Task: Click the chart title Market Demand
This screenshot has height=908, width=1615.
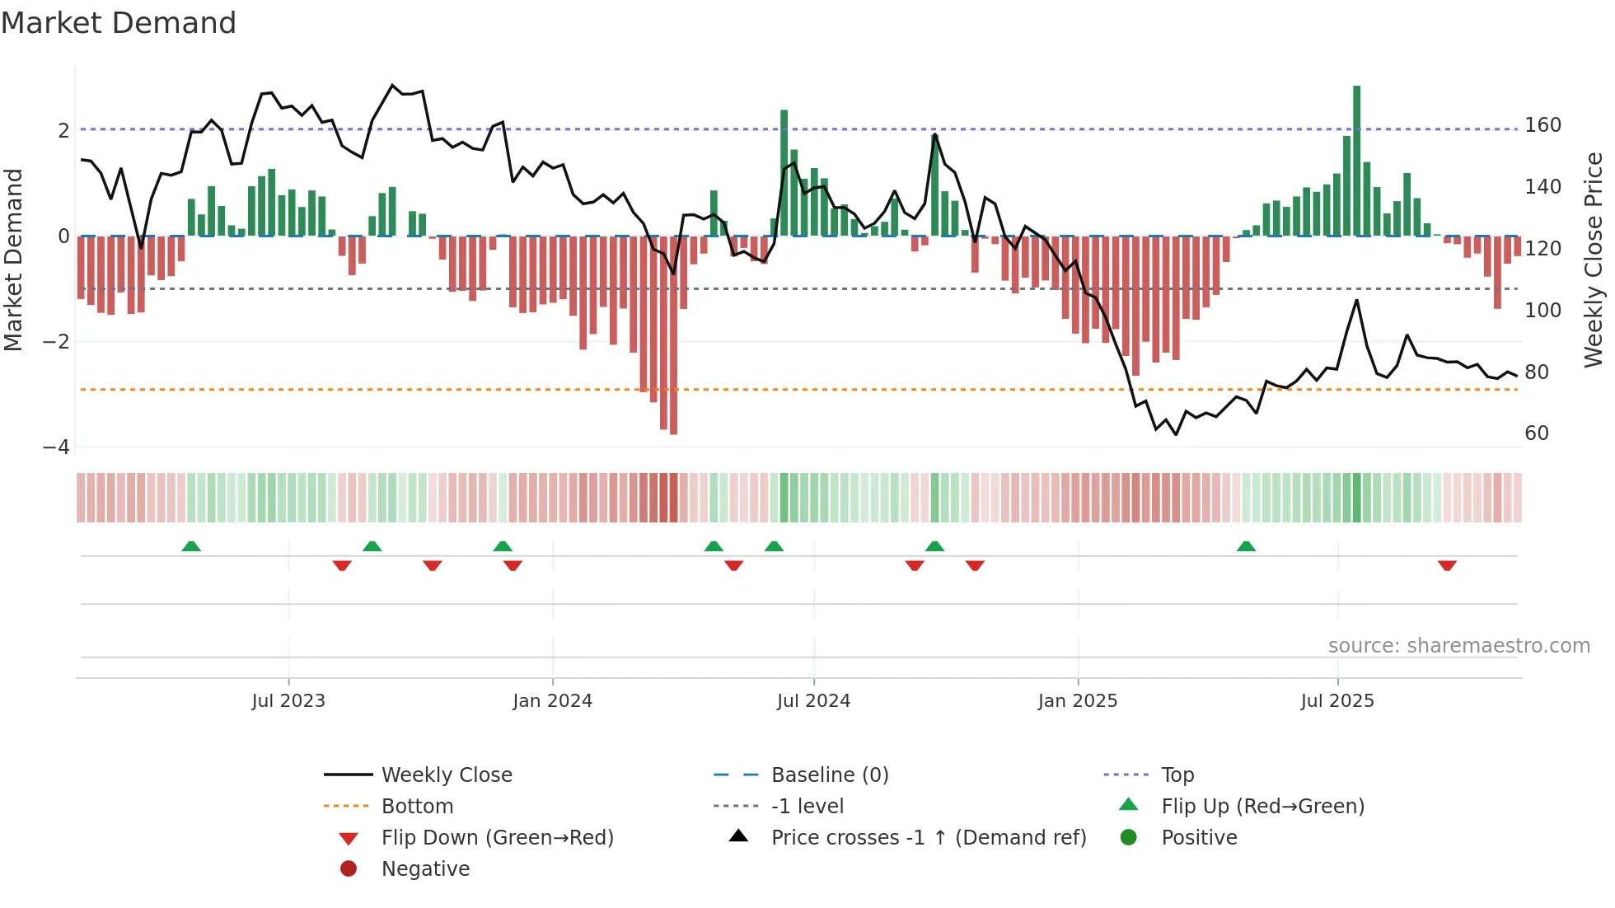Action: coord(119,23)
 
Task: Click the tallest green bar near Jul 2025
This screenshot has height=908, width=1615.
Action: coord(1356,161)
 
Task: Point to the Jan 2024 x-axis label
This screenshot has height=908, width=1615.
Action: coord(552,701)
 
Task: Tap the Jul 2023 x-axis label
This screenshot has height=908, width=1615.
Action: coord(288,701)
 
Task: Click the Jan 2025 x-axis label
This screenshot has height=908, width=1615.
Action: coord(1077,701)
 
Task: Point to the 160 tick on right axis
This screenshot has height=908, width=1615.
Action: coord(1542,125)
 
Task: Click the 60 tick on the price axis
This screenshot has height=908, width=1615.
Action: coord(1537,433)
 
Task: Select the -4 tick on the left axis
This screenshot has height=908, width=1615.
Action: coord(56,447)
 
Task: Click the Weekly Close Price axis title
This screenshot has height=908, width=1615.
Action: coord(1594,260)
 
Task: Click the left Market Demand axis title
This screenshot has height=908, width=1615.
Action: coord(13,260)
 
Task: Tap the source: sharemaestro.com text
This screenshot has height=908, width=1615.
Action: coord(1458,646)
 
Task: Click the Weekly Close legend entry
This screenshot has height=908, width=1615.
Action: coord(446,775)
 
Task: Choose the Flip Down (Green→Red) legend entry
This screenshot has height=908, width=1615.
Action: coord(497,838)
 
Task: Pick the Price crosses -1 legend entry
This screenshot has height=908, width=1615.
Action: coord(928,838)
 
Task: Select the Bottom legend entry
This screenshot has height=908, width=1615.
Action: coord(417,807)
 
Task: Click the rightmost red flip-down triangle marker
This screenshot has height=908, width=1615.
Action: coord(1447,565)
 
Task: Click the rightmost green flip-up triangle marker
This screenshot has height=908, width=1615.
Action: coord(1246,546)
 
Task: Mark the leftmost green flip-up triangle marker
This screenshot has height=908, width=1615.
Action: coord(191,546)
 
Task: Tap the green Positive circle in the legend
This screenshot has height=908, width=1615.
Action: coord(1129,838)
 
